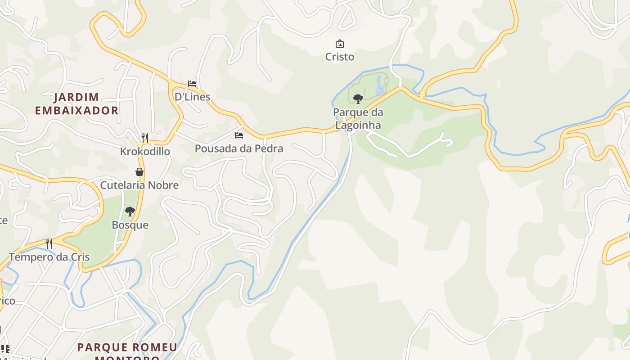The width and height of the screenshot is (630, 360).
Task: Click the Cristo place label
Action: coord(340,57)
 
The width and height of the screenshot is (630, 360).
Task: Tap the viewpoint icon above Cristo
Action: coord(340,44)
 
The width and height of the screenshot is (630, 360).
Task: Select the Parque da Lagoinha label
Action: coord(358,118)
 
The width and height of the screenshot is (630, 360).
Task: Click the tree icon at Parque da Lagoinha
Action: coord(358,99)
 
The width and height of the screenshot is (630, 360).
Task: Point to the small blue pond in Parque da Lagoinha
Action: coord(380,85)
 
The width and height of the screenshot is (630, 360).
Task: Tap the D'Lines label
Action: coord(192,96)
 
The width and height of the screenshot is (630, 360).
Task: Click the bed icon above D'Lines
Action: coord(192,83)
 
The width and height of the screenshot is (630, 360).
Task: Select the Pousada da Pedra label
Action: coord(239,148)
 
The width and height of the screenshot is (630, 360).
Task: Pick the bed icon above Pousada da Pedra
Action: coord(239,135)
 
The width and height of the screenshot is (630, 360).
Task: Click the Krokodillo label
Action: coord(145,151)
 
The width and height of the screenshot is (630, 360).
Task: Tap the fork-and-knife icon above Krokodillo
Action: coord(145,138)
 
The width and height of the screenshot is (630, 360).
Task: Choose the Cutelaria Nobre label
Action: coord(139,185)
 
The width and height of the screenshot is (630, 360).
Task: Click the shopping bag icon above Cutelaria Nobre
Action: coord(139,172)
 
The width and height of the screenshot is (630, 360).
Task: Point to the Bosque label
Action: coord(130,225)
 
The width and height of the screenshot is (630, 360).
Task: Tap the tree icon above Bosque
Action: coord(130,211)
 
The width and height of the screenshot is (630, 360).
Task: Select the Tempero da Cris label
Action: coord(49,257)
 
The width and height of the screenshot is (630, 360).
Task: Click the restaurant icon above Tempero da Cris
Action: coord(49,244)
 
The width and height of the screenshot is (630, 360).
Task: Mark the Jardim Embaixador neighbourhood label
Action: coord(76,103)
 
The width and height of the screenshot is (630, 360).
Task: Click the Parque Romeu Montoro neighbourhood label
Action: coord(127,351)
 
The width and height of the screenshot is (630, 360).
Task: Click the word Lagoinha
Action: coord(358,125)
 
